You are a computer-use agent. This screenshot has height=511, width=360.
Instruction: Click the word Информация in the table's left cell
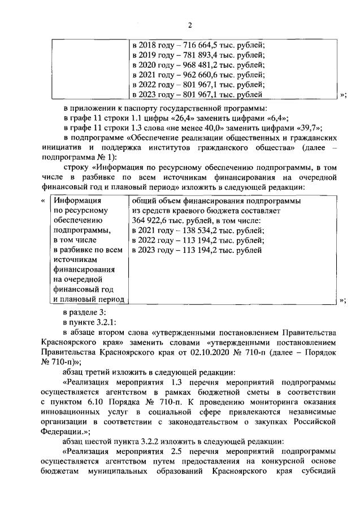pyautogui.click(x=77, y=200)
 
